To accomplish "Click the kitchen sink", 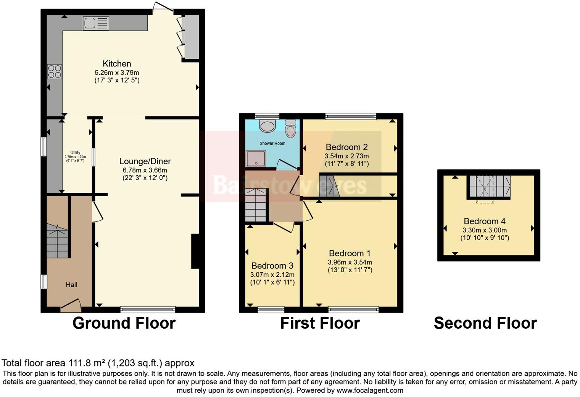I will [96, 23].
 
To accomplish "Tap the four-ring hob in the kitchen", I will [55, 71].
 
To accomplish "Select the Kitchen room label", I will [117, 64].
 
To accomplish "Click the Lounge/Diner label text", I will [145, 161].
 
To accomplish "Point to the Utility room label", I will [75, 153].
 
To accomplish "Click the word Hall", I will [71, 284].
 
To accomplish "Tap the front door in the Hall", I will [71, 304].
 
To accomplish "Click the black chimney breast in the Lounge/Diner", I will [195, 251].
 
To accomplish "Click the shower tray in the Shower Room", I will [256, 158].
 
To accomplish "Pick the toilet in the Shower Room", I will [291, 128].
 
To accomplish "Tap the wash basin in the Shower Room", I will [267, 126].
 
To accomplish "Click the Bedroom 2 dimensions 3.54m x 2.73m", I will [346, 156].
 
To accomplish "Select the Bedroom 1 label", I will [350, 253].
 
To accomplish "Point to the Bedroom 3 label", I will [272, 266].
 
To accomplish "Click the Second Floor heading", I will [485, 323].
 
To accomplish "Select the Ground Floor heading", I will [124, 323].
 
